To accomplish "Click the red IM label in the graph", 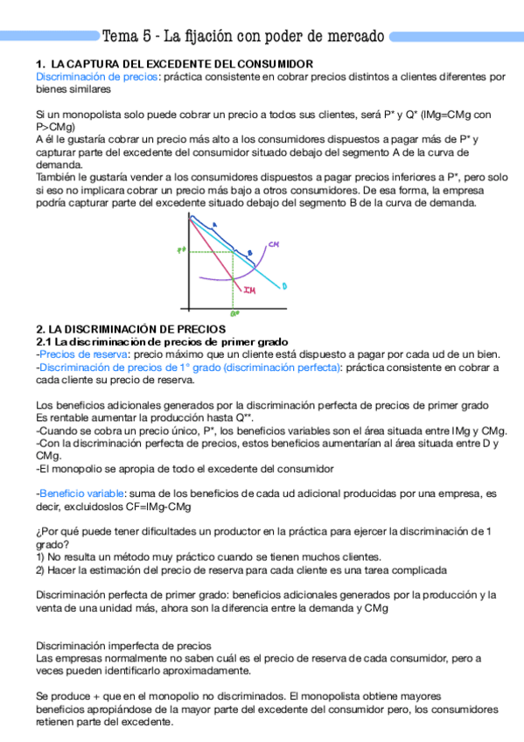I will (249, 290).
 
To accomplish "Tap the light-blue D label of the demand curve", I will (285, 285).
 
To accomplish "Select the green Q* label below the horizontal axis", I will (234, 311).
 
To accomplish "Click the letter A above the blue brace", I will (215, 225).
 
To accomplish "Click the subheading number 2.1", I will (44, 341).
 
